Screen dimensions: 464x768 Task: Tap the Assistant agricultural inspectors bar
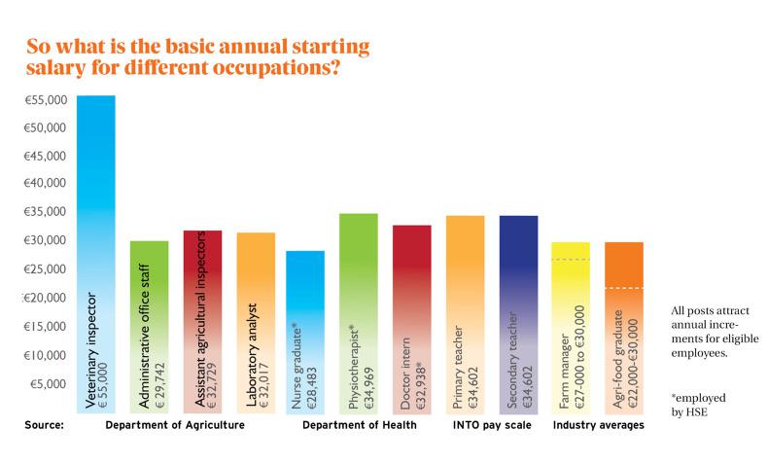tap(202, 321)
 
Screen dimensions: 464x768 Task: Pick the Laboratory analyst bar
tap(256, 322)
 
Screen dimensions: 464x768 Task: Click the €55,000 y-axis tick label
tap(44, 100)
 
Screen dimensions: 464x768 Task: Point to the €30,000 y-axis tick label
tap(44, 240)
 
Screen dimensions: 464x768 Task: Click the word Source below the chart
tap(45, 425)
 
